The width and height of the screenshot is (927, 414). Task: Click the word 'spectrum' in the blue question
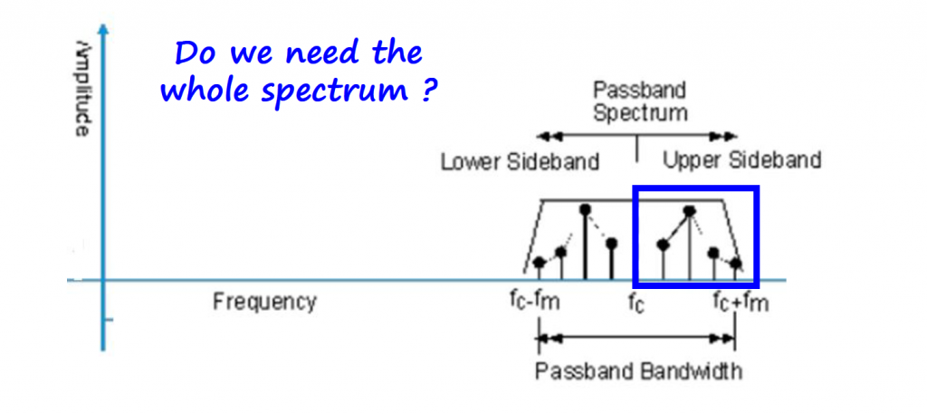pyautogui.click(x=341, y=92)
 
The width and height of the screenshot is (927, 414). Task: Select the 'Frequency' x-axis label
pyautogui.click(x=264, y=301)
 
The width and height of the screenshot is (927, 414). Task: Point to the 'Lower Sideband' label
pyautogui.click(x=520, y=162)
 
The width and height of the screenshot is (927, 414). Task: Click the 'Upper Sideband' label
pyautogui.click(x=741, y=161)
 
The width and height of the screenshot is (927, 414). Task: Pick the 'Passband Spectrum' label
pyautogui.click(x=639, y=101)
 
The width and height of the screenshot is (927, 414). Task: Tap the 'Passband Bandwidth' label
pyautogui.click(x=638, y=371)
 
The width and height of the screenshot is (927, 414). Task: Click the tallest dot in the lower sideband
pyautogui.click(x=585, y=209)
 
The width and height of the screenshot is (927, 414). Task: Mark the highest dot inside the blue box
pyautogui.click(x=689, y=211)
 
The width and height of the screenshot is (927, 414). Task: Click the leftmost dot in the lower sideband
pyautogui.click(x=540, y=263)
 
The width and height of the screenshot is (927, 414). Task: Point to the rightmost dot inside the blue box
pyautogui.click(x=736, y=264)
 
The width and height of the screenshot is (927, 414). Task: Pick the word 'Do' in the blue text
pyautogui.click(x=193, y=53)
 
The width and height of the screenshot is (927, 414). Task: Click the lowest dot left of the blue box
pyautogui.click(x=540, y=263)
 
